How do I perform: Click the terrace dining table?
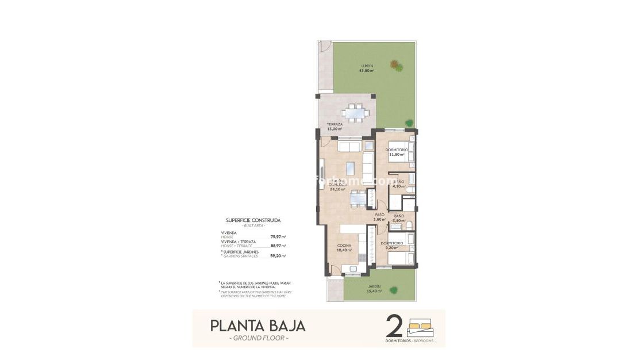tap(356, 113)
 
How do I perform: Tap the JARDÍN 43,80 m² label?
tap(367, 68)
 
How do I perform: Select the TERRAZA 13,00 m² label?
tap(335, 127)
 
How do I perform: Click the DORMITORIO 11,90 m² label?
tap(397, 152)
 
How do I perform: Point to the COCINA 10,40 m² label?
tap(344, 248)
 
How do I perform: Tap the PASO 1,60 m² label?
tap(379, 217)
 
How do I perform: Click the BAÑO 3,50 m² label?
tap(399, 219)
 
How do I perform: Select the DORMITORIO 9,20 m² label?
tap(392, 246)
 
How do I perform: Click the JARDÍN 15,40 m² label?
tap(374, 289)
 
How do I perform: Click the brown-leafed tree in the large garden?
tap(395, 65)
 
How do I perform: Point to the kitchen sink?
tap(349, 269)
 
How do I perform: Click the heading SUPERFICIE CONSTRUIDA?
tap(253, 220)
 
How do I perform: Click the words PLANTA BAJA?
tap(258, 325)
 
